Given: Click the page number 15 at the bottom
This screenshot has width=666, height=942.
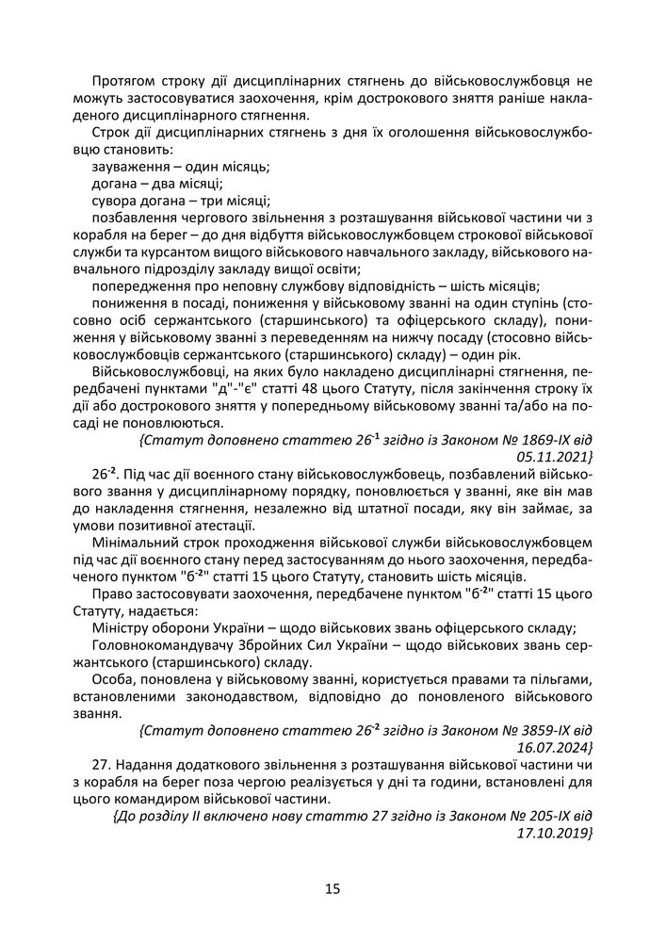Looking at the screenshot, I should tap(333, 888).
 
